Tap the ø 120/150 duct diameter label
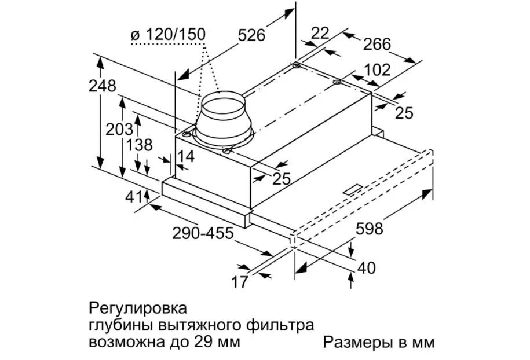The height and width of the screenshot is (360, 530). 168,35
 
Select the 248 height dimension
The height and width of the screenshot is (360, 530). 103,86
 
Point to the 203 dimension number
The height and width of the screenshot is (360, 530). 119,129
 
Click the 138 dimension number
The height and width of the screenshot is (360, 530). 139,145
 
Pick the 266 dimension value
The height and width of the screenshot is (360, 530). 377,44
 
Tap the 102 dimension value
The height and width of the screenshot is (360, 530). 377,71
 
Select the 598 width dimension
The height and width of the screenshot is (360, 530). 369,229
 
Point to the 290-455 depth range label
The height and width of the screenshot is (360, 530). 203,233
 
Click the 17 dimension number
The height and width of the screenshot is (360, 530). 239,282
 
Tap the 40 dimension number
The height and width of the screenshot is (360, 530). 366,269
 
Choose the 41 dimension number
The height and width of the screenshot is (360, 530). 134,197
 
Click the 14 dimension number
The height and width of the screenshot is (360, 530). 186,156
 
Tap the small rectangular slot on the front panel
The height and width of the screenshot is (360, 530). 352,189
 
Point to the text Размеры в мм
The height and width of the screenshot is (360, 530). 378,343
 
